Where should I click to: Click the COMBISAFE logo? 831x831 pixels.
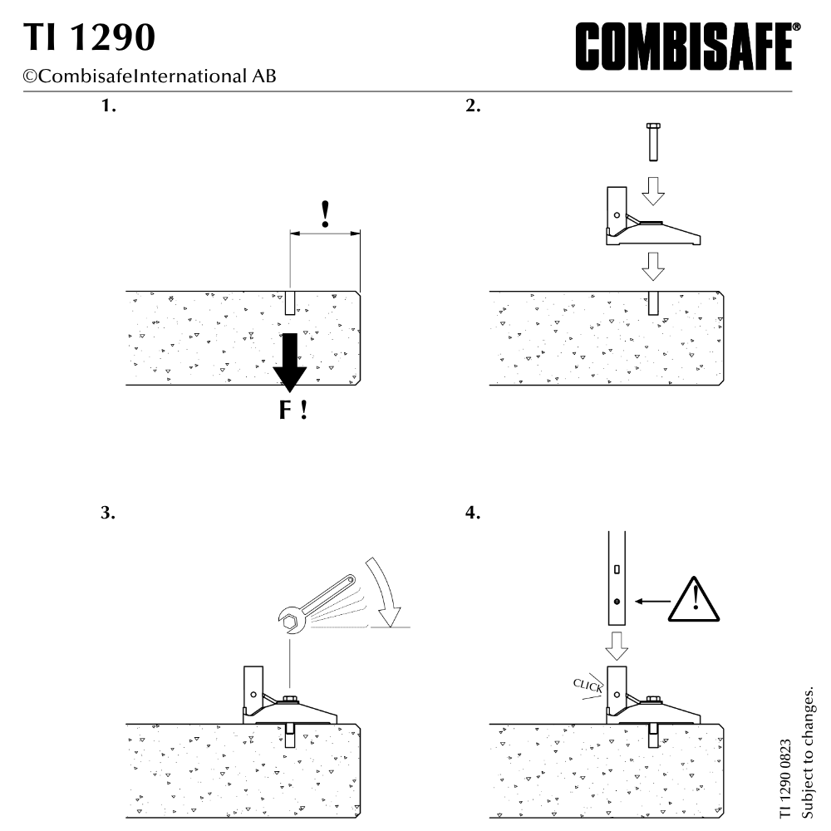click(x=688, y=46)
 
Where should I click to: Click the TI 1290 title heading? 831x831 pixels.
click(x=89, y=37)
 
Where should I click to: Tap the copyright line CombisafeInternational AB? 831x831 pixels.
click(x=150, y=76)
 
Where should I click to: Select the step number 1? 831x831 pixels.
click(x=109, y=106)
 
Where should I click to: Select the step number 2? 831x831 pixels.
click(x=474, y=106)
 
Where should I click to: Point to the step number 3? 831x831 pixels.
click(x=108, y=513)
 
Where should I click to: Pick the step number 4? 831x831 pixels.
click(x=473, y=513)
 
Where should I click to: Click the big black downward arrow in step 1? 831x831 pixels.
click(x=290, y=362)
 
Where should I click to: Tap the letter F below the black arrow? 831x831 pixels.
click(x=285, y=410)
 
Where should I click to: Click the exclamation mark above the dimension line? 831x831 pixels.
click(x=326, y=214)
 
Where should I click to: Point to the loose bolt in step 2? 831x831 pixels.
click(x=653, y=141)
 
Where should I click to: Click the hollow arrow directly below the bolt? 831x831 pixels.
click(x=653, y=191)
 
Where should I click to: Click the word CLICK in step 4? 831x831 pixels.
click(x=588, y=686)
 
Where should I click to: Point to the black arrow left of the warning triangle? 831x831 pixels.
click(x=653, y=601)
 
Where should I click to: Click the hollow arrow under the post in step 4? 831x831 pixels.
click(x=617, y=646)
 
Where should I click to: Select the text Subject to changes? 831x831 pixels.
click(x=807, y=753)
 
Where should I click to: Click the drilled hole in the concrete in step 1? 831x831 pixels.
click(x=290, y=302)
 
